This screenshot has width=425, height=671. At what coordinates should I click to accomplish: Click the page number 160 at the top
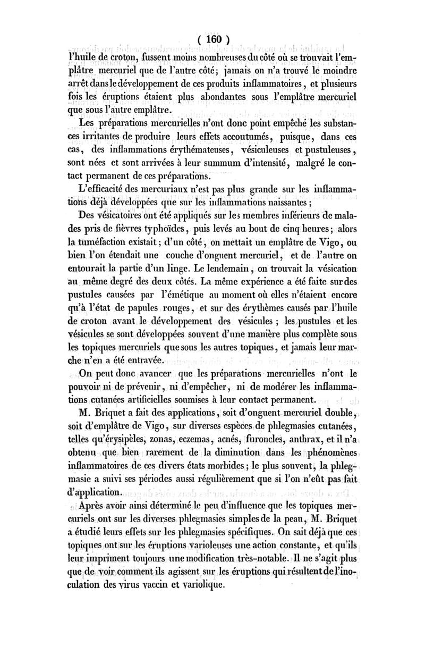click(x=213, y=39)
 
